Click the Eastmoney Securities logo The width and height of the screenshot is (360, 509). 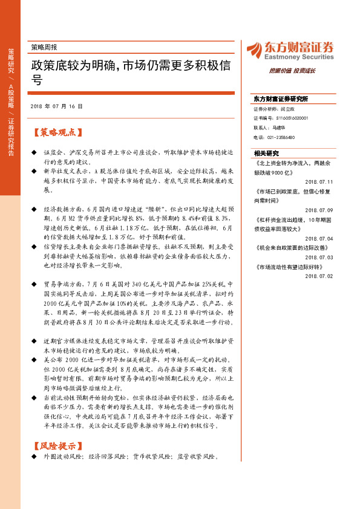pos(290,50)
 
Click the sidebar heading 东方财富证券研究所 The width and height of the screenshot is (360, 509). pos(281,99)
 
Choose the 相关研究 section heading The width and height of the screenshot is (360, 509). pos(267,153)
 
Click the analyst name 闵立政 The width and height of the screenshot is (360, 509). pos(287,110)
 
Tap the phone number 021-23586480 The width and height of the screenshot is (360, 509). pos(283,137)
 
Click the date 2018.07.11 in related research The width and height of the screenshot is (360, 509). pos(319,181)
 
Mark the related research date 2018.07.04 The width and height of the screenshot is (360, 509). pos(319,238)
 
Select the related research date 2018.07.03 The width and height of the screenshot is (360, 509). pos(319,257)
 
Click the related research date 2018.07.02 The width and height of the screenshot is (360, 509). pos(319,275)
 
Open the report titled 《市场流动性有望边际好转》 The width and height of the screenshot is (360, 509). pos(290,267)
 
